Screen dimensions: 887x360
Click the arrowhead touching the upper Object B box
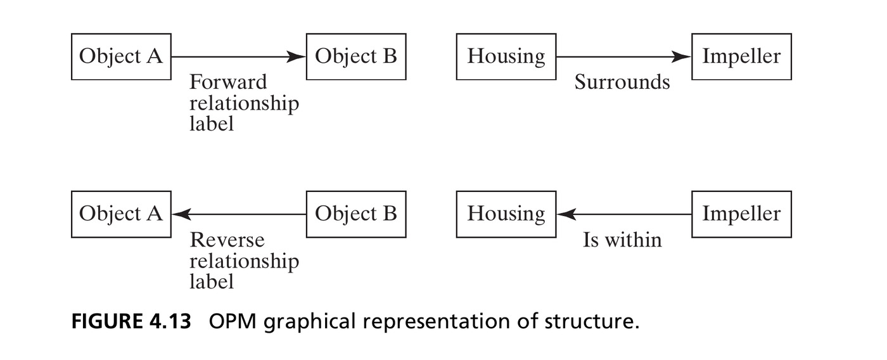[x=297, y=56]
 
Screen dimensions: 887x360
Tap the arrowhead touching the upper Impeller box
[x=682, y=56]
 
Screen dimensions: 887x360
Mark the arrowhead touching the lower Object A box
[x=181, y=214]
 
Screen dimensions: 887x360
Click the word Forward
[x=228, y=82]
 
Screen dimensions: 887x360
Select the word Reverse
[x=227, y=240]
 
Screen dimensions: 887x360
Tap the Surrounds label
[x=622, y=82]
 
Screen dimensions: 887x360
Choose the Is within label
[x=622, y=240]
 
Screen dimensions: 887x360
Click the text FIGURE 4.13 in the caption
[x=131, y=321]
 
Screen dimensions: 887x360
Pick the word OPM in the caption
[x=233, y=321]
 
